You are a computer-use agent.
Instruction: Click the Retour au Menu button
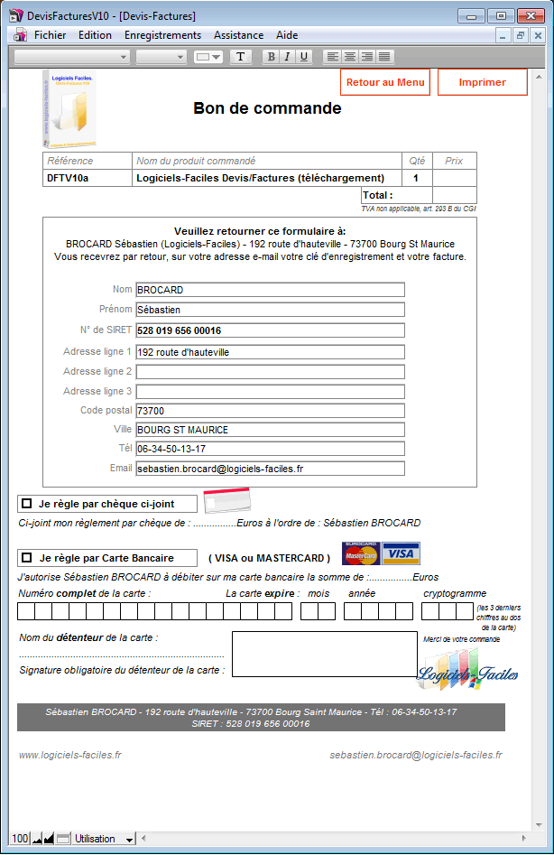pyautogui.click(x=385, y=82)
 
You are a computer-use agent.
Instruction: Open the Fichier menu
pyautogui.click(x=50, y=35)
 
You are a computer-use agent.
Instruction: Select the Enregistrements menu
pyautogui.click(x=162, y=35)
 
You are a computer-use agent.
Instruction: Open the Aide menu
pyautogui.click(x=287, y=35)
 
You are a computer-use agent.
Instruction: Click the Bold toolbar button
pyautogui.click(x=271, y=57)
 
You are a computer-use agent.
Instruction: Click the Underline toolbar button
pyautogui.click(x=304, y=57)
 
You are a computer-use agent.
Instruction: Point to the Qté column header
pyautogui.click(x=417, y=161)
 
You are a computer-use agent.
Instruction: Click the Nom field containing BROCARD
pyautogui.click(x=270, y=290)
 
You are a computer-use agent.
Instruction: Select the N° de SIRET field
pyautogui.click(x=270, y=330)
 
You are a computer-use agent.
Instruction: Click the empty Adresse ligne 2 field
pyautogui.click(x=270, y=371)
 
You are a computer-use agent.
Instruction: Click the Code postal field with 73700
pyautogui.click(x=270, y=411)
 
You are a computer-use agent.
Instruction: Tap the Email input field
pyautogui.click(x=270, y=469)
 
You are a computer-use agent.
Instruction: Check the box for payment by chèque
pyautogui.click(x=27, y=503)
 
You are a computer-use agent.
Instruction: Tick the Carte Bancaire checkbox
pyautogui.click(x=27, y=558)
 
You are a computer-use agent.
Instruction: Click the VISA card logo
pyautogui.click(x=401, y=553)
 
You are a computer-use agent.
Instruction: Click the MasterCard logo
pyautogui.click(x=360, y=553)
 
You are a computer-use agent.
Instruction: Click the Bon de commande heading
pyautogui.click(x=267, y=108)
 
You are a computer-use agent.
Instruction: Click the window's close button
pyautogui.click(x=527, y=15)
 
